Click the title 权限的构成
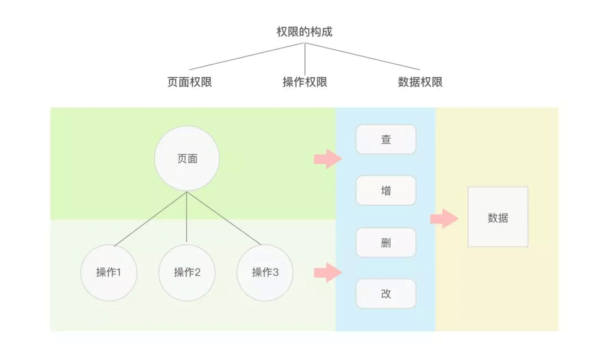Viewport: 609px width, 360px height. [x=304, y=32]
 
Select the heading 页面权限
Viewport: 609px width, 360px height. [x=189, y=82]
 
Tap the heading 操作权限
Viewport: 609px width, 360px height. [x=304, y=82]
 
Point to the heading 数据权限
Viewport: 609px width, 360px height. [x=420, y=82]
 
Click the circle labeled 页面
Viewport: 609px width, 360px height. [x=187, y=159]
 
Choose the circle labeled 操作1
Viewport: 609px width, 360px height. [x=109, y=273]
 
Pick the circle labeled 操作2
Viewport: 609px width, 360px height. [x=187, y=273]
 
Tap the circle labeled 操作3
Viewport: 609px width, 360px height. [x=265, y=273]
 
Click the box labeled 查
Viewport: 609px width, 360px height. [x=386, y=139]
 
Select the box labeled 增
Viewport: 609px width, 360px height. [x=386, y=191]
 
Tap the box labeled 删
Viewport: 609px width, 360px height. [x=386, y=243]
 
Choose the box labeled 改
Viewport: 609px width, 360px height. [x=386, y=294]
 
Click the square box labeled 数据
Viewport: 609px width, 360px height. [x=498, y=217]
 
